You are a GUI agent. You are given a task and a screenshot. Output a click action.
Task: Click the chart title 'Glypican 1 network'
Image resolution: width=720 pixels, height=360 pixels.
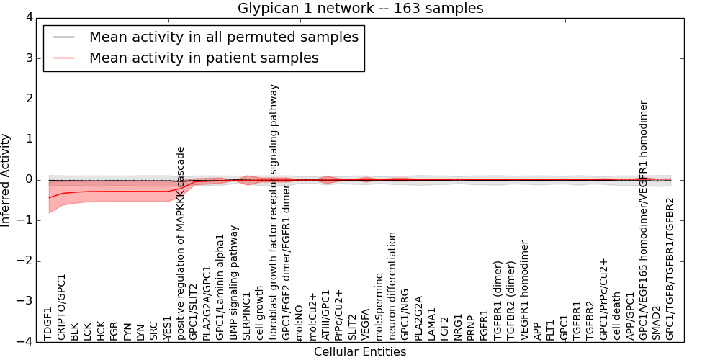pyautogui.click(x=360, y=8)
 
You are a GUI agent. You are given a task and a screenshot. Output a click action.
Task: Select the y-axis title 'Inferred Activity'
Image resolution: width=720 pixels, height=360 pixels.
pyautogui.click(x=6, y=180)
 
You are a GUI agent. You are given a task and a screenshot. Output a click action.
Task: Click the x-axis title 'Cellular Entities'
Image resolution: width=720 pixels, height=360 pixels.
pyautogui.click(x=360, y=352)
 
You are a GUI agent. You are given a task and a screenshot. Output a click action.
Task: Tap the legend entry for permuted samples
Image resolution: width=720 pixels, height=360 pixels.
pyautogui.click(x=223, y=37)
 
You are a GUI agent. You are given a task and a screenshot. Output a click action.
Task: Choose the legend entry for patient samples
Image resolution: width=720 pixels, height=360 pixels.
pyautogui.click(x=204, y=58)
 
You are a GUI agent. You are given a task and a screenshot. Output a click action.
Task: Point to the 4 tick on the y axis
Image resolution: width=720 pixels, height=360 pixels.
pyautogui.click(x=28, y=17)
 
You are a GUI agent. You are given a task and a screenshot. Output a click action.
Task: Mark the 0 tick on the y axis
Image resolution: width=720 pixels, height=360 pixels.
pyautogui.click(x=28, y=179)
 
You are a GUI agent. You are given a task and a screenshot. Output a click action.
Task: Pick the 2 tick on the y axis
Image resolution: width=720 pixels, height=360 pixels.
pyautogui.click(x=28, y=99)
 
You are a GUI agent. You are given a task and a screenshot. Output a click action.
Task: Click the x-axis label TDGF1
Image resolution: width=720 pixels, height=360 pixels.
pyautogui.click(x=49, y=323)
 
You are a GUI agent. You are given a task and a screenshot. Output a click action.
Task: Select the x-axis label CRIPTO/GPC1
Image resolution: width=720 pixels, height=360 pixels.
pyautogui.click(x=62, y=307)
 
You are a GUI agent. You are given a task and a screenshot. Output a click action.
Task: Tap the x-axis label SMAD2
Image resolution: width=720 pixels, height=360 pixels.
pyautogui.click(x=657, y=323)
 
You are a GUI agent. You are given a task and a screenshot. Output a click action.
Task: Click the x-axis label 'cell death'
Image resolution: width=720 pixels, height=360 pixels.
pyautogui.click(x=617, y=316)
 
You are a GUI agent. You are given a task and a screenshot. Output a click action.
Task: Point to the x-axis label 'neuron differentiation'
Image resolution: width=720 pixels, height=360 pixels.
pyautogui.click(x=392, y=286)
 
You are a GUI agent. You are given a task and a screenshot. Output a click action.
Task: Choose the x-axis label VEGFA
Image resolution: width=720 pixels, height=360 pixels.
pyautogui.click(x=366, y=323)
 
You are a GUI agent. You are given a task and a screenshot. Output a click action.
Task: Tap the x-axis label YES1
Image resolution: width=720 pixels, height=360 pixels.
pyautogui.click(x=168, y=326)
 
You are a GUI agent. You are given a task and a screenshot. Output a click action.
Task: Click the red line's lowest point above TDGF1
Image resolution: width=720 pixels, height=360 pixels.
pyautogui.click(x=49, y=197)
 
